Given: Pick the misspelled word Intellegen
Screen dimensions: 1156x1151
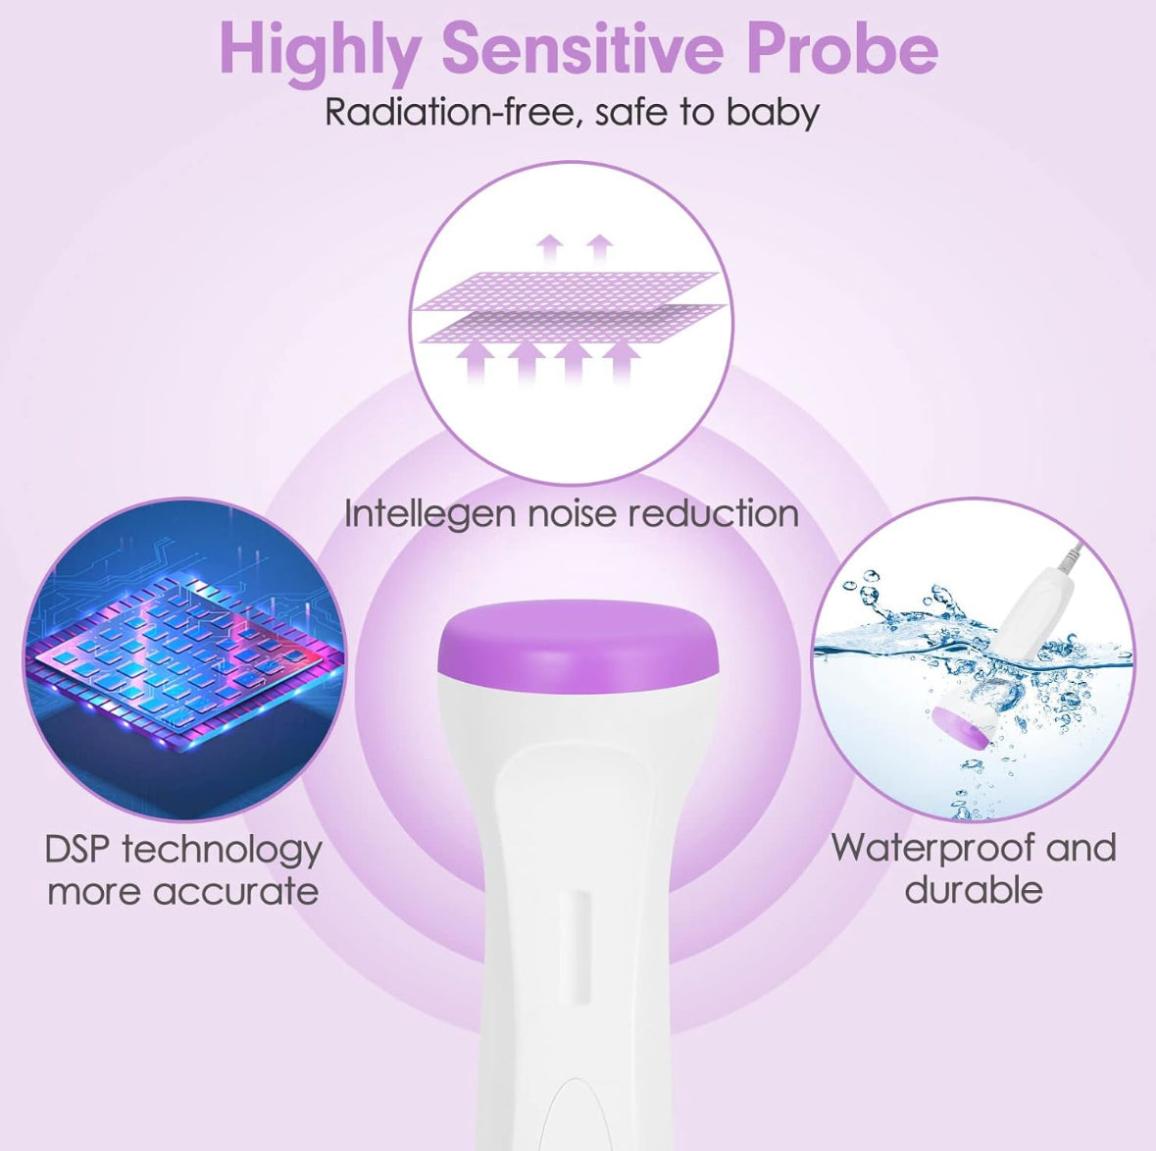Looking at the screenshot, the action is pyautogui.click(x=429, y=513).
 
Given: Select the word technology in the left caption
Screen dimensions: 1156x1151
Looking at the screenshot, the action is pyautogui.click(x=222, y=851).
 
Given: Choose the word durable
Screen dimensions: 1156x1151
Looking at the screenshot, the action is pyautogui.click(x=974, y=889).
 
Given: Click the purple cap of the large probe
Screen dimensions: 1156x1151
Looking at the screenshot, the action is pyautogui.click(x=578, y=643).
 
